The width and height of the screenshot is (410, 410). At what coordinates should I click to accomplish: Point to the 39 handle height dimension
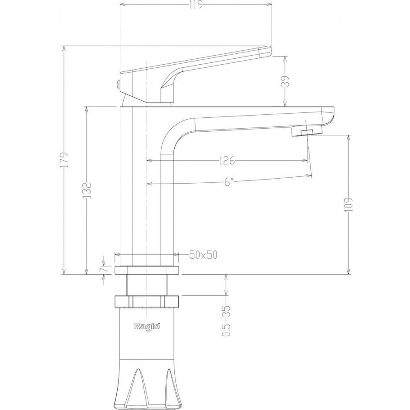287,81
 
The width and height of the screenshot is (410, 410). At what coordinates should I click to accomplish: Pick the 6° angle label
228,182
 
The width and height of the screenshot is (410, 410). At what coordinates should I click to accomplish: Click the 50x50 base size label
203,255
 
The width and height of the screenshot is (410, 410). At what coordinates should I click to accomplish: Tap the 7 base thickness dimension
104,269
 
